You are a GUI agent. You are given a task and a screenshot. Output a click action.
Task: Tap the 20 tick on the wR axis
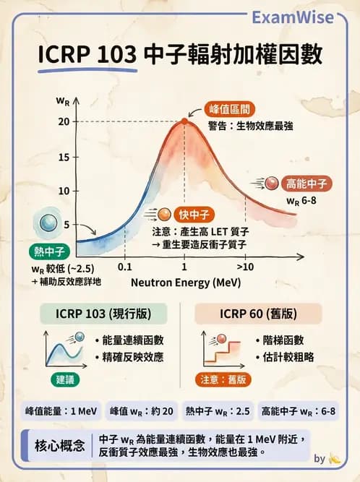[x=64, y=121]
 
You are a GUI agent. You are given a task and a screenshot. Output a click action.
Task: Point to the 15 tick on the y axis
[x=64, y=157]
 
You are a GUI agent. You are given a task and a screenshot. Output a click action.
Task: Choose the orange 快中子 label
[x=193, y=215]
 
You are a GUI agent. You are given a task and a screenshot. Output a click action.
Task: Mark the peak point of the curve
[x=184, y=121]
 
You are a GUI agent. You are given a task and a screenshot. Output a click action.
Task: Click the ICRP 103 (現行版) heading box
[x=102, y=314]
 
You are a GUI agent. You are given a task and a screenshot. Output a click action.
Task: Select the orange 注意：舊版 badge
[x=223, y=379]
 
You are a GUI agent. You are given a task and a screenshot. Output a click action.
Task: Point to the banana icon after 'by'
[x=334, y=457]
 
